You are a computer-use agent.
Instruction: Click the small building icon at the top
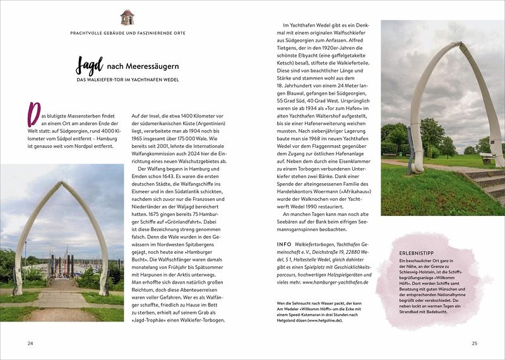128,17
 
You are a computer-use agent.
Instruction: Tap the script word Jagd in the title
89,65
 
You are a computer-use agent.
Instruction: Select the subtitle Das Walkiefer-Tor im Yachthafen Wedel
129,80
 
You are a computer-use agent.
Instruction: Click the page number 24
30,343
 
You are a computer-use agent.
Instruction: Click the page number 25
474,343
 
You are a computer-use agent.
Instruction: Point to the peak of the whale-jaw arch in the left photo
62,183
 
